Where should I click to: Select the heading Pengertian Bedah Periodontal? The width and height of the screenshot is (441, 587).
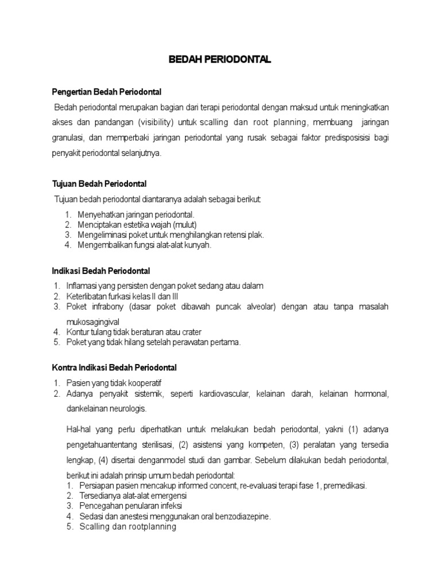107,92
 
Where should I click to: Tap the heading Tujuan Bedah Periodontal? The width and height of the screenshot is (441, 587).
99,183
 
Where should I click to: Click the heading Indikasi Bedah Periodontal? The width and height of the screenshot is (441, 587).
101,271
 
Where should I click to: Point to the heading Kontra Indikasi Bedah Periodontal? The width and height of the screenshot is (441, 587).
114,367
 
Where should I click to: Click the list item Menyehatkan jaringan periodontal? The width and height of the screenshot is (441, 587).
132,214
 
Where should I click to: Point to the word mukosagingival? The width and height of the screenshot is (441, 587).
94,322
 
